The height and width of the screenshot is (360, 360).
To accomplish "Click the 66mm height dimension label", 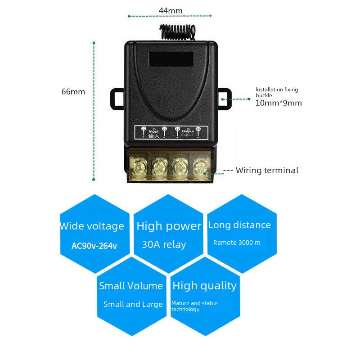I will [x=73, y=92].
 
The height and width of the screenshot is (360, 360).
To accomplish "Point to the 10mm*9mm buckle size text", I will [x=279, y=103].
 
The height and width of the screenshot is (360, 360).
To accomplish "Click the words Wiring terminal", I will [x=267, y=171].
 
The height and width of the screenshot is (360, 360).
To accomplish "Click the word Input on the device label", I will [x=153, y=131].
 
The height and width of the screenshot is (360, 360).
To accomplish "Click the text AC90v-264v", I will [x=94, y=246].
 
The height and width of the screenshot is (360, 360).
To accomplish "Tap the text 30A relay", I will [x=164, y=245].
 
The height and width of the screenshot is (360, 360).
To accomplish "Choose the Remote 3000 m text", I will [x=237, y=243].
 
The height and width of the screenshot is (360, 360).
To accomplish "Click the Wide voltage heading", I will [x=92, y=226].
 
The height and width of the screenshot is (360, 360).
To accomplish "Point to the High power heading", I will [x=169, y=226].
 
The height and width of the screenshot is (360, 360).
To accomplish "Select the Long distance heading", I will [x=239, y=225].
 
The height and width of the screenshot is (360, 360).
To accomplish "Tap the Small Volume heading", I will [x=131, y=286].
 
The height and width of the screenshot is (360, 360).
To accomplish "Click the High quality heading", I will [x=204, y=286].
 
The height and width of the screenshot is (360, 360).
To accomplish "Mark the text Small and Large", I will [x=133, y=304].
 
